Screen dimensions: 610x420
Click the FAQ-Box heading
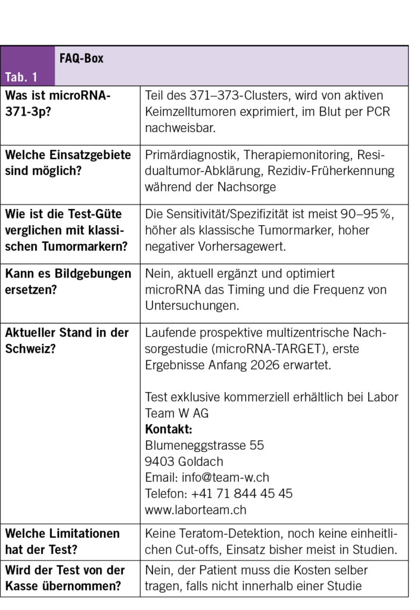(x=81, y=58)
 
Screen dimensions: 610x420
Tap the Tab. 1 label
(x=21, y=77)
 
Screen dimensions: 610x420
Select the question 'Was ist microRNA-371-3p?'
(x=58, y=104)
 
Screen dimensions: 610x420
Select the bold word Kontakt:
(x=169, y=430)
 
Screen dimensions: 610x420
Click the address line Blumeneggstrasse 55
(x=204, y=446)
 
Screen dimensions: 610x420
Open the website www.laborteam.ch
(x=195, y=510)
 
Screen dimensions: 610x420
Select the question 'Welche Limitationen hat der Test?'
(x=63, y=541)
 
